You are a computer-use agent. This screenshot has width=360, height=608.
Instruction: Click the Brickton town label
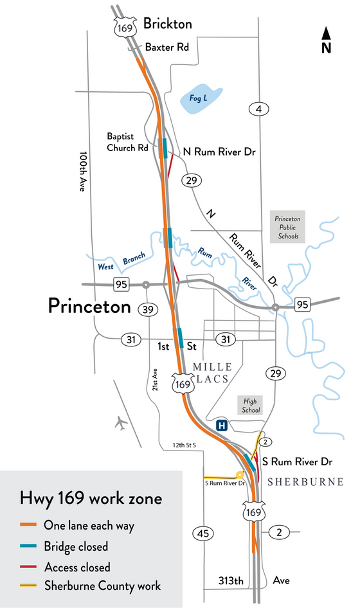pos(167,24)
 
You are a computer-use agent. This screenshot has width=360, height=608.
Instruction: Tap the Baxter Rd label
pos(166,47)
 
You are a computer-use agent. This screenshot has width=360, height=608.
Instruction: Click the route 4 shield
pos(258,110)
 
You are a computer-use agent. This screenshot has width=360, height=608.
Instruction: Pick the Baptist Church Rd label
pos(128,142)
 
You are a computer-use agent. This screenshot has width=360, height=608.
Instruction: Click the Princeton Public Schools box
pos(287,227)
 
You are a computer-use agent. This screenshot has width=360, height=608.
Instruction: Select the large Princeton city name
pos(89,307)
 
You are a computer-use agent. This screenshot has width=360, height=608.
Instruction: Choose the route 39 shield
pos(148,310)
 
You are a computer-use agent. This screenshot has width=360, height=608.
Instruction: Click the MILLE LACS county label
pos(211,373)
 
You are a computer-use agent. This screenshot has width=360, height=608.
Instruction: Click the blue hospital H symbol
pos(222,425)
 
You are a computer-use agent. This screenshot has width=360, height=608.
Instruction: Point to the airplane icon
pos(120,423)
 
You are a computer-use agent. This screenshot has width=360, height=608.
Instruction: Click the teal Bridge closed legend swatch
pos(30,547)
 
